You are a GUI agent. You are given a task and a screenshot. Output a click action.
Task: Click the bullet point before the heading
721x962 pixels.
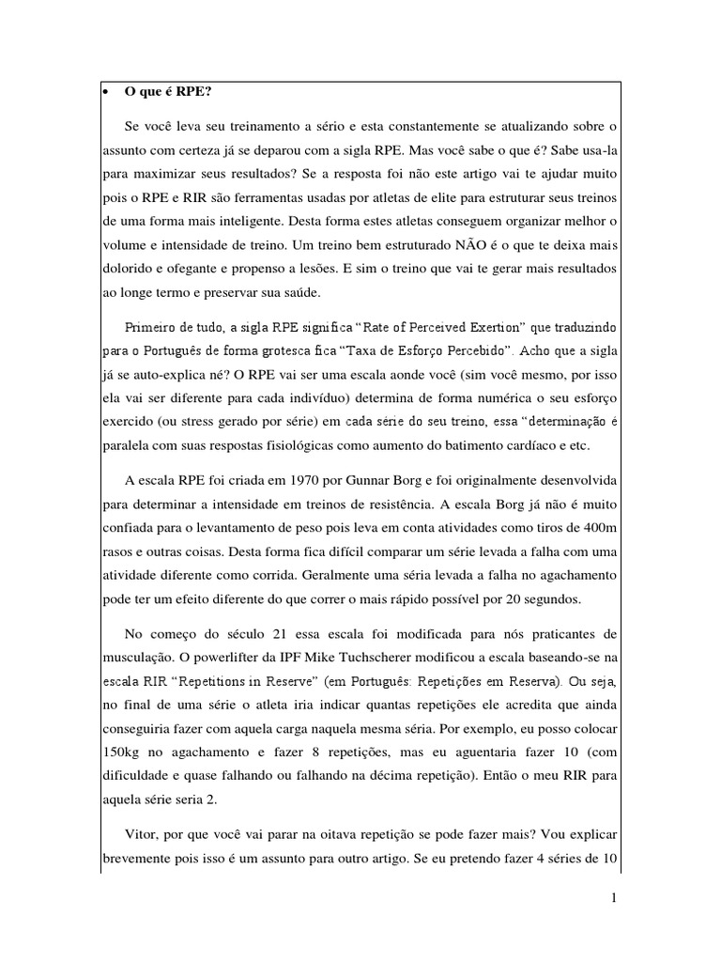104,92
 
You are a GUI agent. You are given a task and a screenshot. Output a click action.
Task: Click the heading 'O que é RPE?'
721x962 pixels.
162,92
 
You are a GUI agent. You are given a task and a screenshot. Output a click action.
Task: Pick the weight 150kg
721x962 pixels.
121,753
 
